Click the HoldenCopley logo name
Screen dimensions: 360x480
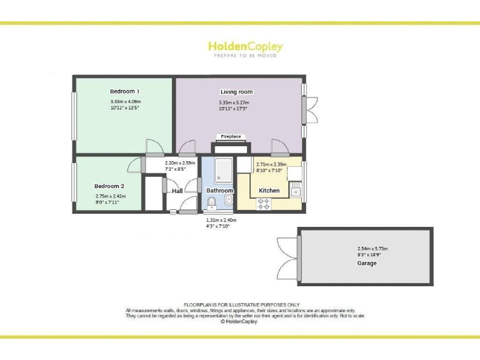click(x=245, y=46)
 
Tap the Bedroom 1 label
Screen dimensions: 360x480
click(x=124, y=91)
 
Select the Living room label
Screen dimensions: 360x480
click(x=236, y=92)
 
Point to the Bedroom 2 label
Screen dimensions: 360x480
click(x=109, y=186)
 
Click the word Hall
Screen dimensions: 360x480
click(x=177, y=191)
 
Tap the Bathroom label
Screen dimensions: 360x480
click(x=220, y=191)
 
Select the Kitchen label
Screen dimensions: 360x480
click(x=269, y=190)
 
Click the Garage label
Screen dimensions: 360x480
click(x=367, y=263)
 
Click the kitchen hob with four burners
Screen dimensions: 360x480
click(x=264, y=202)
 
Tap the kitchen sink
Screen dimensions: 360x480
click(x=295, y=188)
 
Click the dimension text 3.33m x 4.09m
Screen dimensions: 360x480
click(x=126, y=101)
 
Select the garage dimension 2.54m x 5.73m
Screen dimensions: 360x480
click(x=367, y=249)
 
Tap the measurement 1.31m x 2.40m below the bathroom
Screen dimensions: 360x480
click(x=221, y=220)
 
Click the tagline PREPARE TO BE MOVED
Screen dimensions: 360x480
click(x=245, y=56)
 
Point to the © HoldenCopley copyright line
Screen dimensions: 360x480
click(x=239, y=322)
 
